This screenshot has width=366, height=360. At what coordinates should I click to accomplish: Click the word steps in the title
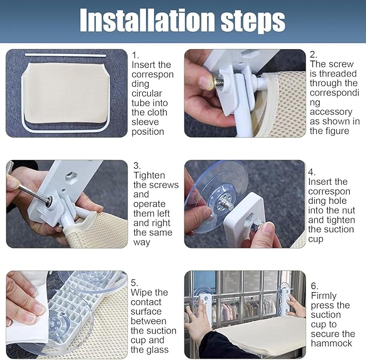pos(253,22)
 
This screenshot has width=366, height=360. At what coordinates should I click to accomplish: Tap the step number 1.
pos(135,56)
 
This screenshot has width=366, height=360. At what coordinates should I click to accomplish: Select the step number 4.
pos(312,172)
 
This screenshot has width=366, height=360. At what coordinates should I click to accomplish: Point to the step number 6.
pos(315,286)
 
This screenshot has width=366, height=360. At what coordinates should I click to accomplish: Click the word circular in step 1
pos(147,93)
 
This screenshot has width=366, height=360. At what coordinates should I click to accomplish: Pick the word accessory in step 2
pos(331,112)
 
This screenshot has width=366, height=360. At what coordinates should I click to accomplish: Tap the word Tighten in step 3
pos(149,175)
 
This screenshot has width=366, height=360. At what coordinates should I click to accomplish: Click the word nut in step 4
pos(348,210)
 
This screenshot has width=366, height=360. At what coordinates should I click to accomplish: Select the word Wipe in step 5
pos(142,293)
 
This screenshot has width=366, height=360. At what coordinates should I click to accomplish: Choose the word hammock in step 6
pos(332,343)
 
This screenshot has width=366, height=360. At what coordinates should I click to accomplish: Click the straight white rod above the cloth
pos(65,55)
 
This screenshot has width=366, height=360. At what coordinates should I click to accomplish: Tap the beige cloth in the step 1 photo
pos(67,93)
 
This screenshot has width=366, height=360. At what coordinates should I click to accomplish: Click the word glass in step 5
pos(156,350)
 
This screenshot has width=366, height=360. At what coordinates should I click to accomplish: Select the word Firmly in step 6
pos(324,296)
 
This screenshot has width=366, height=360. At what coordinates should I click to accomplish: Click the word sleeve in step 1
pos(145,122)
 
